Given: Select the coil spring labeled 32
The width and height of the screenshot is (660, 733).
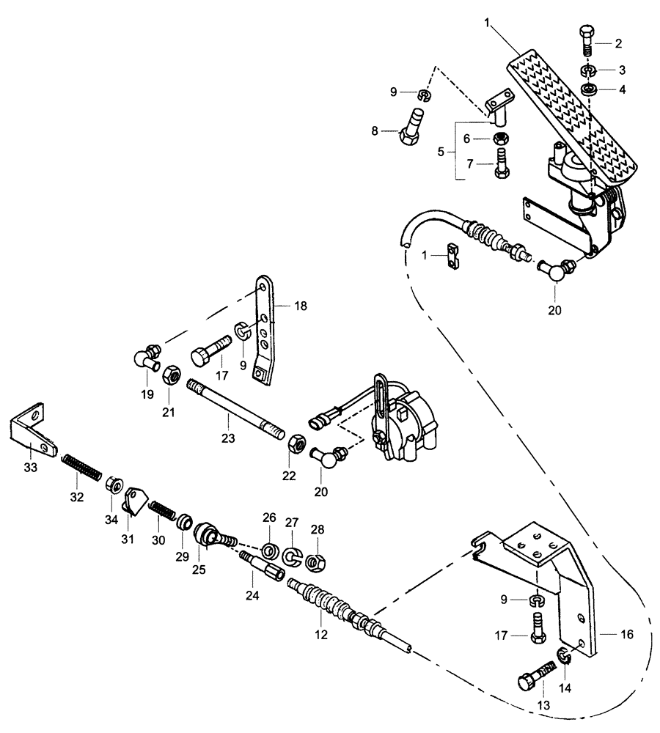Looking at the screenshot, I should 79,467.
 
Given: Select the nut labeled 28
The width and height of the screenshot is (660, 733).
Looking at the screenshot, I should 315,562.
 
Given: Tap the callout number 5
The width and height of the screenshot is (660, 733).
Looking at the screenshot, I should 441,152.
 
